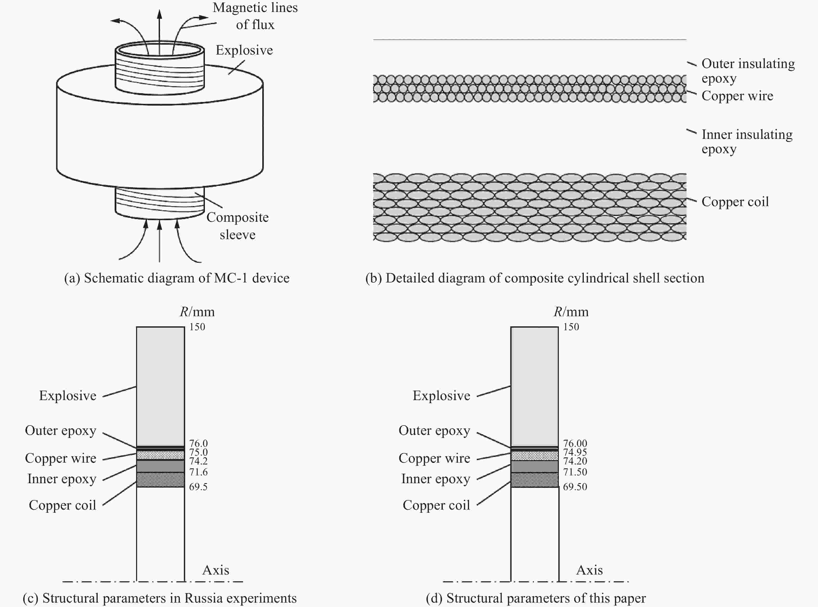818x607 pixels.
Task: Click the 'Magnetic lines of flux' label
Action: (255, 16)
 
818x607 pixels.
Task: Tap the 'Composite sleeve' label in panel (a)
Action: (237, 226)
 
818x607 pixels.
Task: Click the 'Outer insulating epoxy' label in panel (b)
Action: (748, 71)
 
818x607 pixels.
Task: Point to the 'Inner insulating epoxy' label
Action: (747, 141)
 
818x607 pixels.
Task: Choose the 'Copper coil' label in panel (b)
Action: (735, 202)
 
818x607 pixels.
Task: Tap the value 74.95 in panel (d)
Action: (575, 452)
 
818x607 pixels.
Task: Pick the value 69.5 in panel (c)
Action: (198, 487)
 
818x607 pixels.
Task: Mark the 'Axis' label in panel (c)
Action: (216, 570)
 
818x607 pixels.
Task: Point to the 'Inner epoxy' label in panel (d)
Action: (435, 479)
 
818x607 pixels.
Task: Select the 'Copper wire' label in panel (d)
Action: (434, 458)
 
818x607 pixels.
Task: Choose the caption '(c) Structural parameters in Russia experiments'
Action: (159, 598)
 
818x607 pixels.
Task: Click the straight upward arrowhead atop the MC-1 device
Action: (159, 14)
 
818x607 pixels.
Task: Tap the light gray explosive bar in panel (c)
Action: (160, 386)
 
